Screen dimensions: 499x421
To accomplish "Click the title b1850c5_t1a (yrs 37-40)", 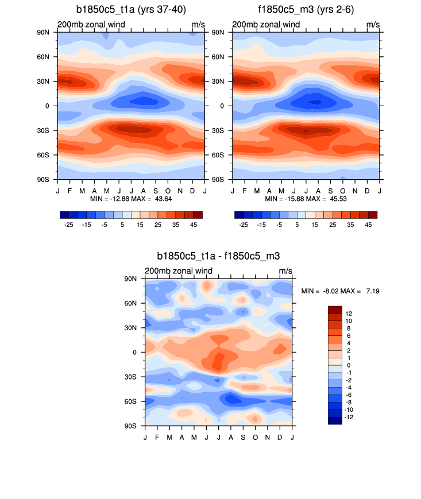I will [x=131, y=10].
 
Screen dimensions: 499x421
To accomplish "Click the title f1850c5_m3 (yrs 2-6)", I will [x=306, y=10].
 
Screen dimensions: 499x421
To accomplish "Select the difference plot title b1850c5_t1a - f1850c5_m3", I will [x=218, y=256].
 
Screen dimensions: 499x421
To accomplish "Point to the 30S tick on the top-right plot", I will [x=223, y=130].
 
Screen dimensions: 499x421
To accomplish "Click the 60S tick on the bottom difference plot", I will [x=136, y=401].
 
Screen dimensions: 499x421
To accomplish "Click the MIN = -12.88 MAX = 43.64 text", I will [x=132, y=199].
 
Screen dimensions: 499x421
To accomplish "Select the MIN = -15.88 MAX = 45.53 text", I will [x=306, y=199].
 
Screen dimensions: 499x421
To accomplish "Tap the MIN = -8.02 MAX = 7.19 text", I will [x=340, y=292].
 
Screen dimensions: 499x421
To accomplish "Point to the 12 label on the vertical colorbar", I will [x=348, y=313].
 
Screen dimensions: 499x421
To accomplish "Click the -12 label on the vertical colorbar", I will [x=349, y=417].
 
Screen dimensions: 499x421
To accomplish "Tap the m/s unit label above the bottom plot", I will [x=285, y=271].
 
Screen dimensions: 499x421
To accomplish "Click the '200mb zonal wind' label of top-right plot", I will [x=266, y=25].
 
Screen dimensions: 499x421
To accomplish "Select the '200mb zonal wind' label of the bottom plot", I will [x=179, y=271].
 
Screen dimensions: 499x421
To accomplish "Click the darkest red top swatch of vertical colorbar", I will [x=335, y=310].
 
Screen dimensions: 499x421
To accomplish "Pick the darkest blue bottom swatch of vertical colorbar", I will [x=335, y=420].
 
